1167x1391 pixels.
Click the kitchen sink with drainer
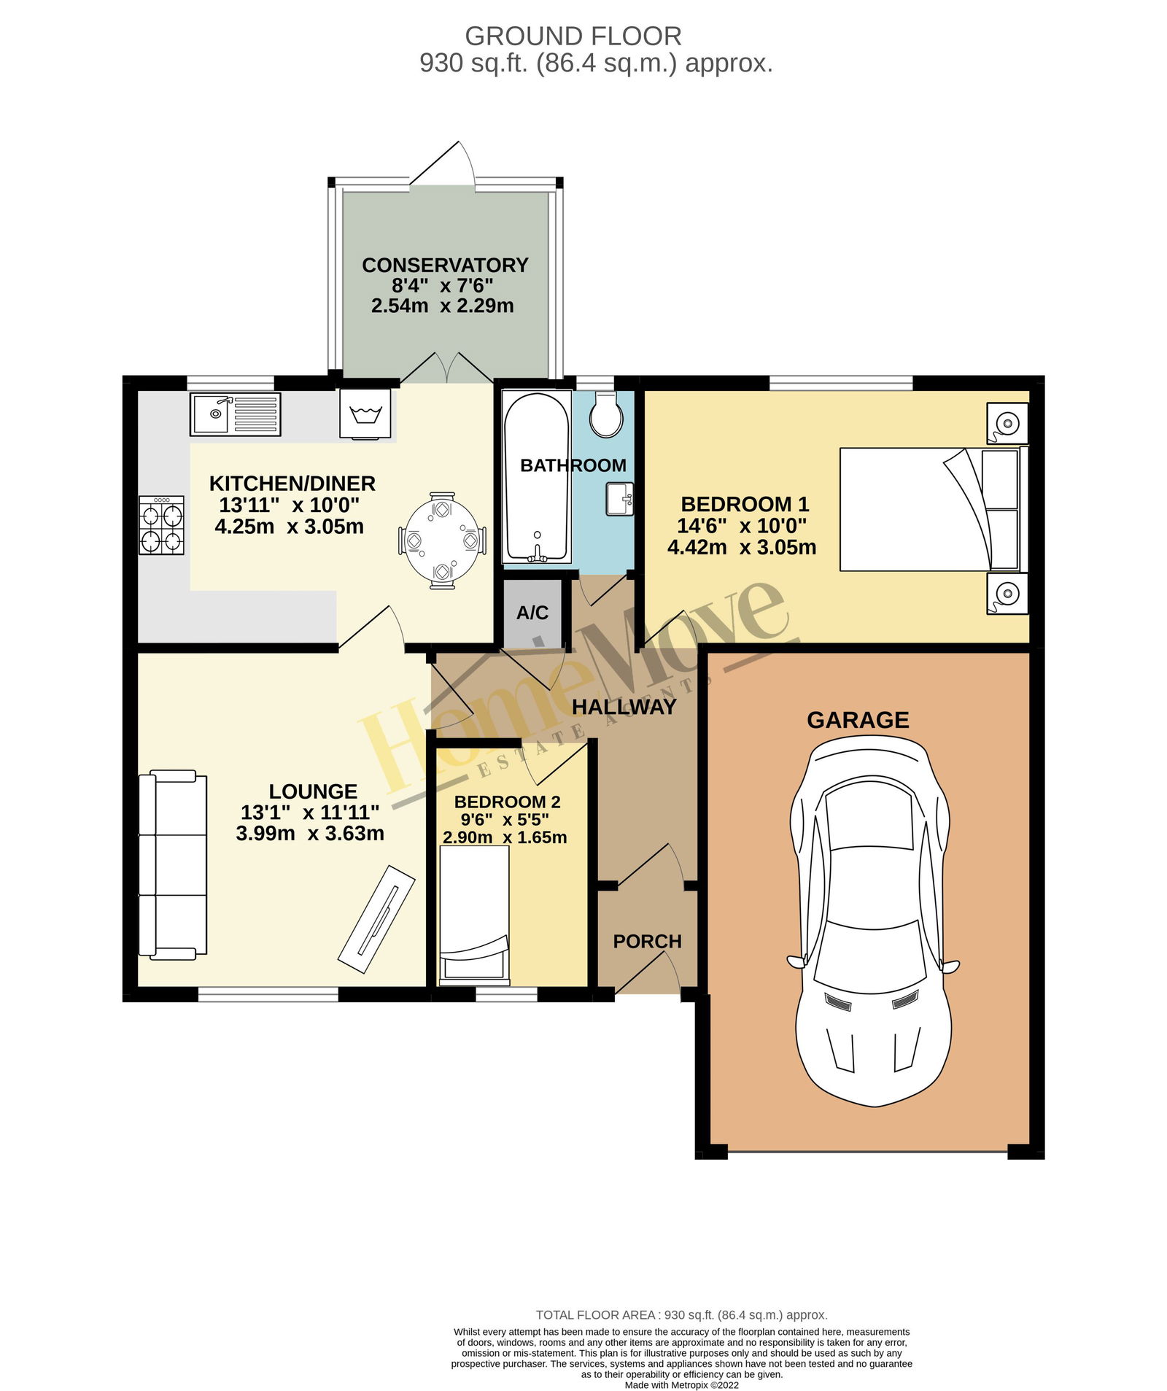click(235, 414)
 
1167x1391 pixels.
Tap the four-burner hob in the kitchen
click(161, 525)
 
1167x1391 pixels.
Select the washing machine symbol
click(365, 413)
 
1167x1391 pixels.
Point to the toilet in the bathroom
click(605, 414)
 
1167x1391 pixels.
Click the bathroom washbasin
click(619, 499)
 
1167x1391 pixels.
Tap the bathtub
click(536, 478)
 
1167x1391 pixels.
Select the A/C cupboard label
click(532, 613)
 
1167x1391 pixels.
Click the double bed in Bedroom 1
click(934, 508)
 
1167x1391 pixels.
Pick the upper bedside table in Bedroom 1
click(1007, 423)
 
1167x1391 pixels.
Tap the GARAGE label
click(858, 720)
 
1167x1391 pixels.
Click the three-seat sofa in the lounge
click(173, 864)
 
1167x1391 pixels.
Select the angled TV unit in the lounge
click(376, 919)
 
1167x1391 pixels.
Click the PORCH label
click(648, 942)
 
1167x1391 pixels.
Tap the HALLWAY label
click(624, 706)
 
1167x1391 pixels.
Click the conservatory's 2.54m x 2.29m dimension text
click(443, 306)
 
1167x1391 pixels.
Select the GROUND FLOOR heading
click(573, 36)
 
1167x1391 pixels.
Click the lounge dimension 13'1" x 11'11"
click(310, 813)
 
